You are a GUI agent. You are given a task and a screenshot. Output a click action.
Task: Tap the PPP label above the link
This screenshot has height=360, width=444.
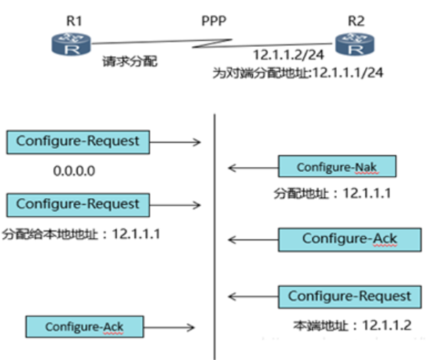click(212, 20)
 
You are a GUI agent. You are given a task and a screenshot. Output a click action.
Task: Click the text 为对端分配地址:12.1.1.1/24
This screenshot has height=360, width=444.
click(298, 72)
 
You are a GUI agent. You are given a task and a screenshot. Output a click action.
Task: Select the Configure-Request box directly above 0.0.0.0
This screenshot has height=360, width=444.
click(77, 141)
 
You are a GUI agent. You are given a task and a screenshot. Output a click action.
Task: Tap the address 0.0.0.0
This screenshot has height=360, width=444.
click(74, 171)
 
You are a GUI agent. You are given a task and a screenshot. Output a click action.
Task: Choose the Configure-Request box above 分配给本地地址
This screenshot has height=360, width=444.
click(77, 204)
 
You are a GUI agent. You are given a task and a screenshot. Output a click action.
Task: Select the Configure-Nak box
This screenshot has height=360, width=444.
click(336, 167)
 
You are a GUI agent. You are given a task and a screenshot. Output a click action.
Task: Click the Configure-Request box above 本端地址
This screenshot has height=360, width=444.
click(349, 296)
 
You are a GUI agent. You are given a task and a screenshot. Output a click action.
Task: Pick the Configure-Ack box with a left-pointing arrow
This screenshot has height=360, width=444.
click(349, 239)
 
